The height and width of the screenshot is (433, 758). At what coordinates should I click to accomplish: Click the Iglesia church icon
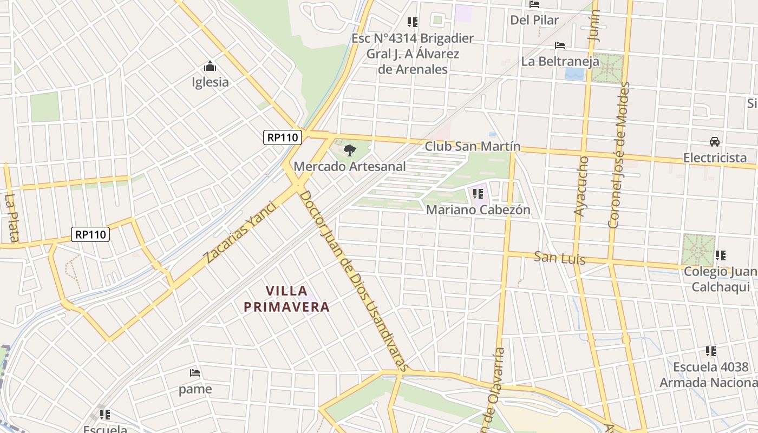(210, 67)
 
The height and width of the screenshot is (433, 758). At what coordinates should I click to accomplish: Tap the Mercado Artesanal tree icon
(350, 150)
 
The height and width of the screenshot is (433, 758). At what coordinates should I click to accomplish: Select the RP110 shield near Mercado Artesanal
(283, 137)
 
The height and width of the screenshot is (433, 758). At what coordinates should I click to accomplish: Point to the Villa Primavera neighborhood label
(286, 299)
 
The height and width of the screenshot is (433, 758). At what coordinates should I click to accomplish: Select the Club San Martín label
(472, 147)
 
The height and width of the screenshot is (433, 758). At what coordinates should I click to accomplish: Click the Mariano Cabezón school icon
(478, 193)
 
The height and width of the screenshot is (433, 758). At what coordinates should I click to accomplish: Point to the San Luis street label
(560, 258)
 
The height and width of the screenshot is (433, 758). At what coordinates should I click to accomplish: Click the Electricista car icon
(715, 142)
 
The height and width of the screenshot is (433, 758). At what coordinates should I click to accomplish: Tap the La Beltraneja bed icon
(560, 45)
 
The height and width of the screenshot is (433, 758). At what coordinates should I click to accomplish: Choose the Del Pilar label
(534, 20)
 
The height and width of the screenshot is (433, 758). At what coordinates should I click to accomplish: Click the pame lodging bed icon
(195, 373)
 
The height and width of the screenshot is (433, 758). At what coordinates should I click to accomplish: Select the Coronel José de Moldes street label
(619, 155)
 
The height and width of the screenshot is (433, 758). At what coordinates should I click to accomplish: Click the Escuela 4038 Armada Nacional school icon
(711, 351)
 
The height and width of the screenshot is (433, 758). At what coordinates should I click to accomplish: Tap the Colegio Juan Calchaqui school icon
(720, 255)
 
